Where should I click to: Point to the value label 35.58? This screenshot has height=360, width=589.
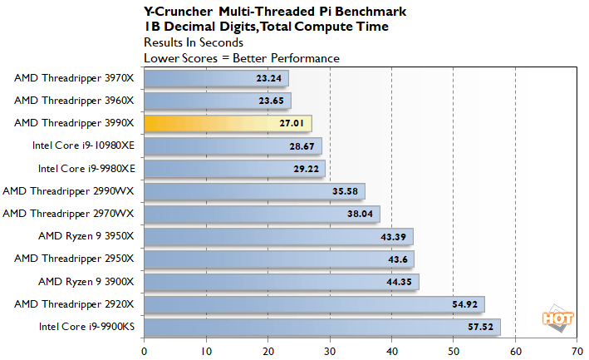(x=343, y=191)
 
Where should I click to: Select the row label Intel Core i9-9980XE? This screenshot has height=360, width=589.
(x=86, y=169)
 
